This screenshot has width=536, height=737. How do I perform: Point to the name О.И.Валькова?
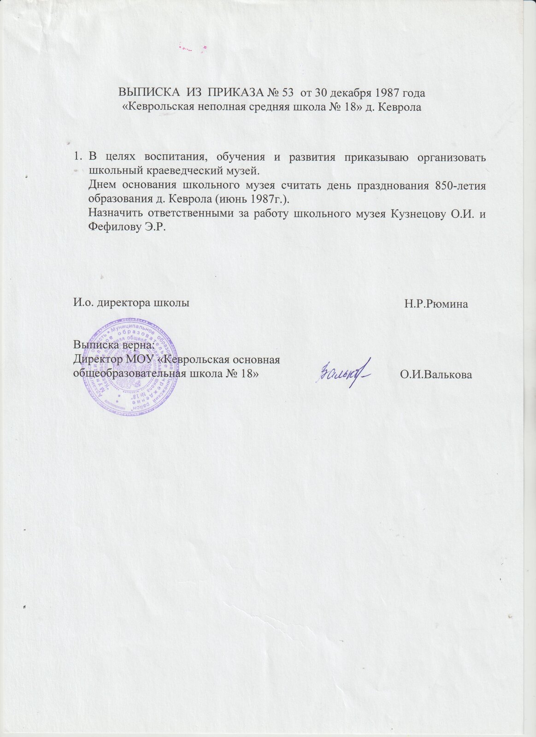(x=436, y=375)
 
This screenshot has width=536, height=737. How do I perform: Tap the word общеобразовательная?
(x=131, y=373)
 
